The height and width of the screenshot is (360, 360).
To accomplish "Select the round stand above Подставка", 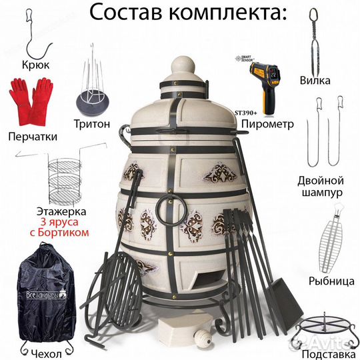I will (323, 327).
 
